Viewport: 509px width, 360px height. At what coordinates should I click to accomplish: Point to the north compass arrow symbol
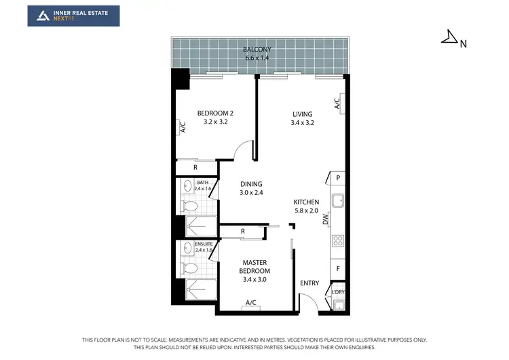point(449,38)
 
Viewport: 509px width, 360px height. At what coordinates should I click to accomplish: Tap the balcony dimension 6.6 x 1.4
point(257,58)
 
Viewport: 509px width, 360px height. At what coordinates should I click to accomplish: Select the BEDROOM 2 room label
point(216,113)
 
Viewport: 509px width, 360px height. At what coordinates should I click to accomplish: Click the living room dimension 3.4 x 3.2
point(302,123)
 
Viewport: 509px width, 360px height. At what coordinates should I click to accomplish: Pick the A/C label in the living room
point(337,103)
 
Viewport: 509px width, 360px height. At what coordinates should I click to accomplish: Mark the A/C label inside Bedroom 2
point(183,127)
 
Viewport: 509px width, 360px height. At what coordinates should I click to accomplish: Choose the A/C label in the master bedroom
point(250,302)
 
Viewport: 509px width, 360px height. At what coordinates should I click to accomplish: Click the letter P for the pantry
point(337,178)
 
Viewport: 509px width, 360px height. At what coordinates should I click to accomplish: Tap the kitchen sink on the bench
point(337,200)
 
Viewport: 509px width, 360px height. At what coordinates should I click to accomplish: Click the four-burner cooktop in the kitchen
point(337,240)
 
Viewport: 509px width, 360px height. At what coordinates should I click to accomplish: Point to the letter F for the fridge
point(337,269)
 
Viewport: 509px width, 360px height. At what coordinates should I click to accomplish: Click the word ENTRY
point(309,283)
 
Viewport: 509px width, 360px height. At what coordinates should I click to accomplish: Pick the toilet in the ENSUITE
point(191,268)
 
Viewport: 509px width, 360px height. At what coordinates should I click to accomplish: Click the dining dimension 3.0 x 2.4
point(251,193)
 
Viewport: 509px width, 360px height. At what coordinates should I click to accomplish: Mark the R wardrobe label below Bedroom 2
point(195,166)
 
